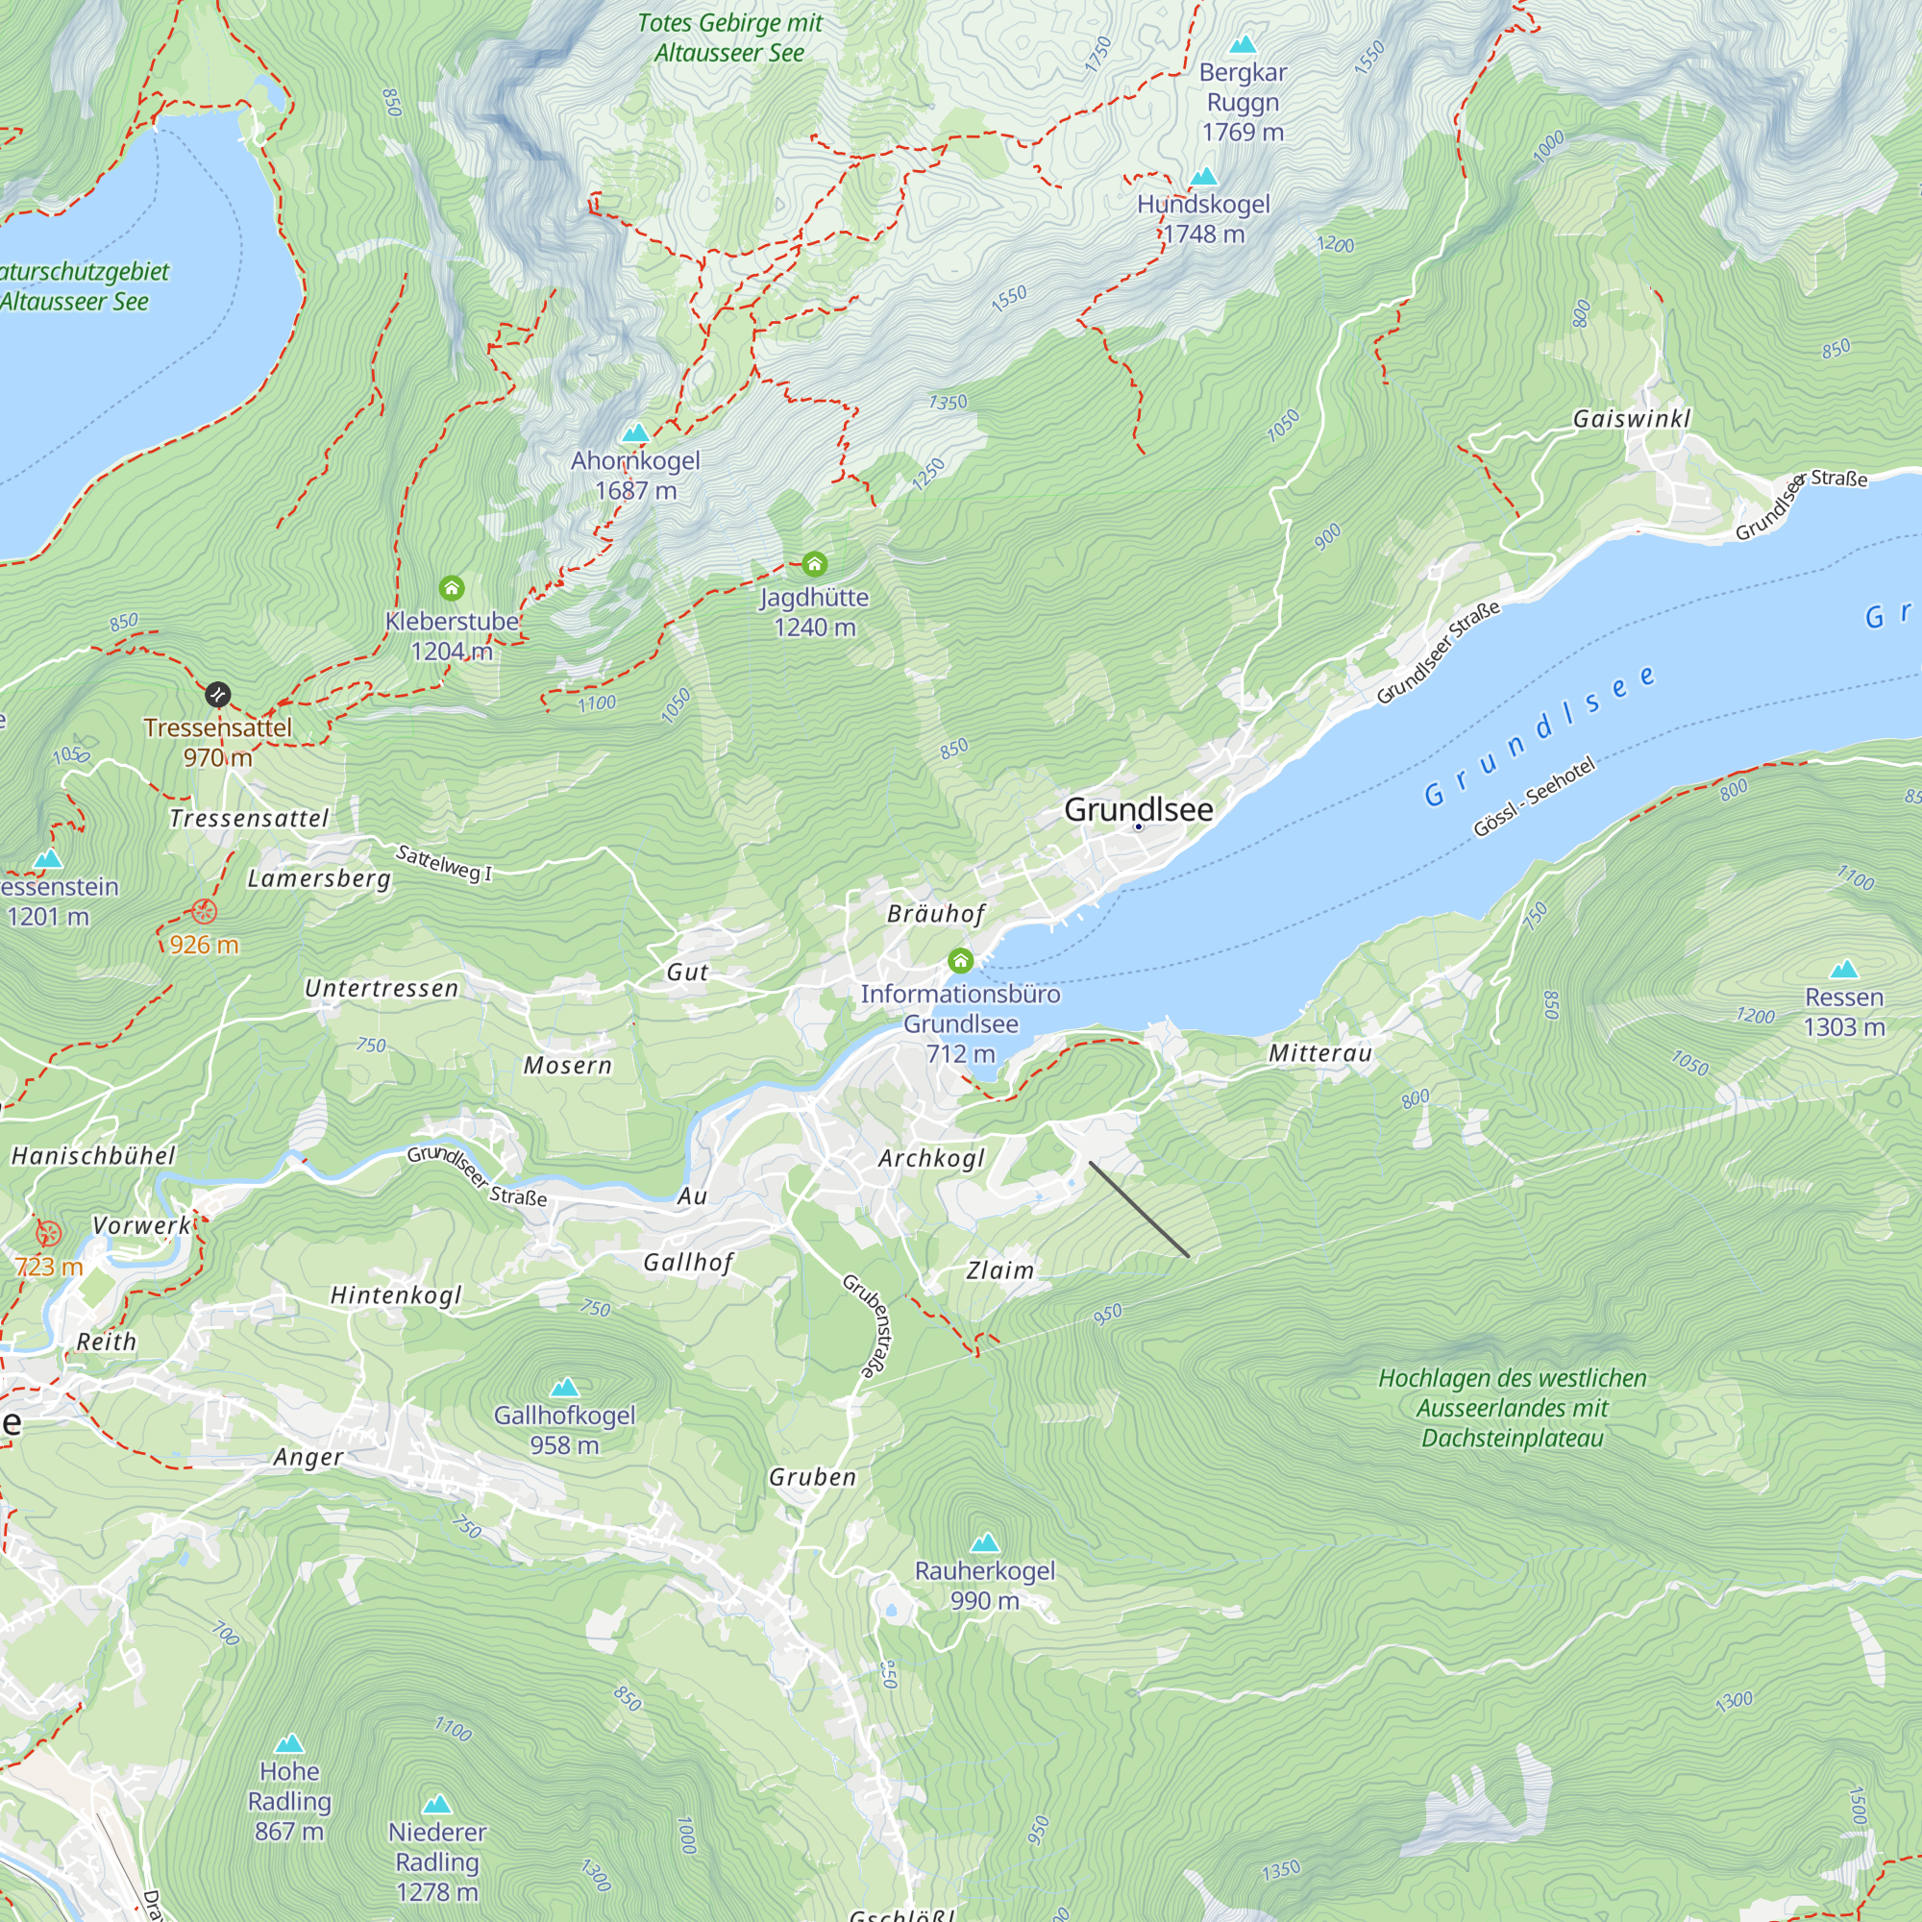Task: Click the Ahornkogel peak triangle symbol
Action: tap(635, 433)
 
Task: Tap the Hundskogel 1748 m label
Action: tap(1204, 219)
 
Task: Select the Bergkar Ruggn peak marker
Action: tap(1243, 45)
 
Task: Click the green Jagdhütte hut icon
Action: tap(815, 565)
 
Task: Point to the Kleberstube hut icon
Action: tap(452, 588)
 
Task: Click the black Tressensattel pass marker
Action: tap(218, 695)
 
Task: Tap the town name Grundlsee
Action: tap(1138, 810)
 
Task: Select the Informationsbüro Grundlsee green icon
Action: tap(960, 961)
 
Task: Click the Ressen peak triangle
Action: tap(1844, 969)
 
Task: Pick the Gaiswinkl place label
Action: tap(1632, 419)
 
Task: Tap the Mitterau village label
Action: tap(1320, 1053)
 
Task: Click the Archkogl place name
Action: tap(931, 1159)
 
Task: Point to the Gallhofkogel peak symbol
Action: tap(565, 1387)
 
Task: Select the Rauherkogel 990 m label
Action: tap(985, 1585)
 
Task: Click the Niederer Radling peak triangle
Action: tap(436, 1805)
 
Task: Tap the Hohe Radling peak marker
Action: tap(289, 1744)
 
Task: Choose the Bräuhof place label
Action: tap(936, 914)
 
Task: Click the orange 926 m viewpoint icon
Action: tap(204, 911)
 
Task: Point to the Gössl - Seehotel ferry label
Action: tap(1534, 797)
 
